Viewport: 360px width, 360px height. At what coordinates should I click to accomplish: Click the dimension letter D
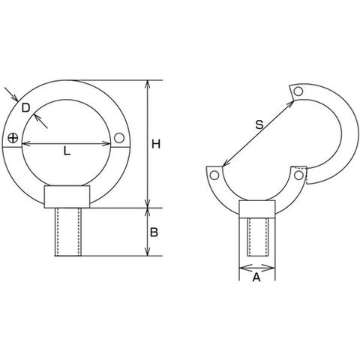tap(25, 108)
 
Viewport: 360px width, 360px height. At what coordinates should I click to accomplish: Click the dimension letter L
tap(67, 151)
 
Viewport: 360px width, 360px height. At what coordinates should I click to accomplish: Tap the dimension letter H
tap(156, 145)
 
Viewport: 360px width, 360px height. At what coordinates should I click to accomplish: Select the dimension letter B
tap(154, 232)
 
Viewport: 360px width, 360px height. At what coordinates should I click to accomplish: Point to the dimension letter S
tap(259, 124)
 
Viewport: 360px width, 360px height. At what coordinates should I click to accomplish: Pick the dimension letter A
tap(256, 277)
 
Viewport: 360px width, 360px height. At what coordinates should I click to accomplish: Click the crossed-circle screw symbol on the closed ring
tap(13, 138)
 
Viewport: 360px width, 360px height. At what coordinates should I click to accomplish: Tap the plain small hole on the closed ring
tap(119, 138)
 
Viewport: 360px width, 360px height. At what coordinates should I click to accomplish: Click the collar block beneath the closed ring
tap(67, 196)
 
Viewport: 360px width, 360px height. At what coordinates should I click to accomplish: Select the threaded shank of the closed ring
tap(68, 232)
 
